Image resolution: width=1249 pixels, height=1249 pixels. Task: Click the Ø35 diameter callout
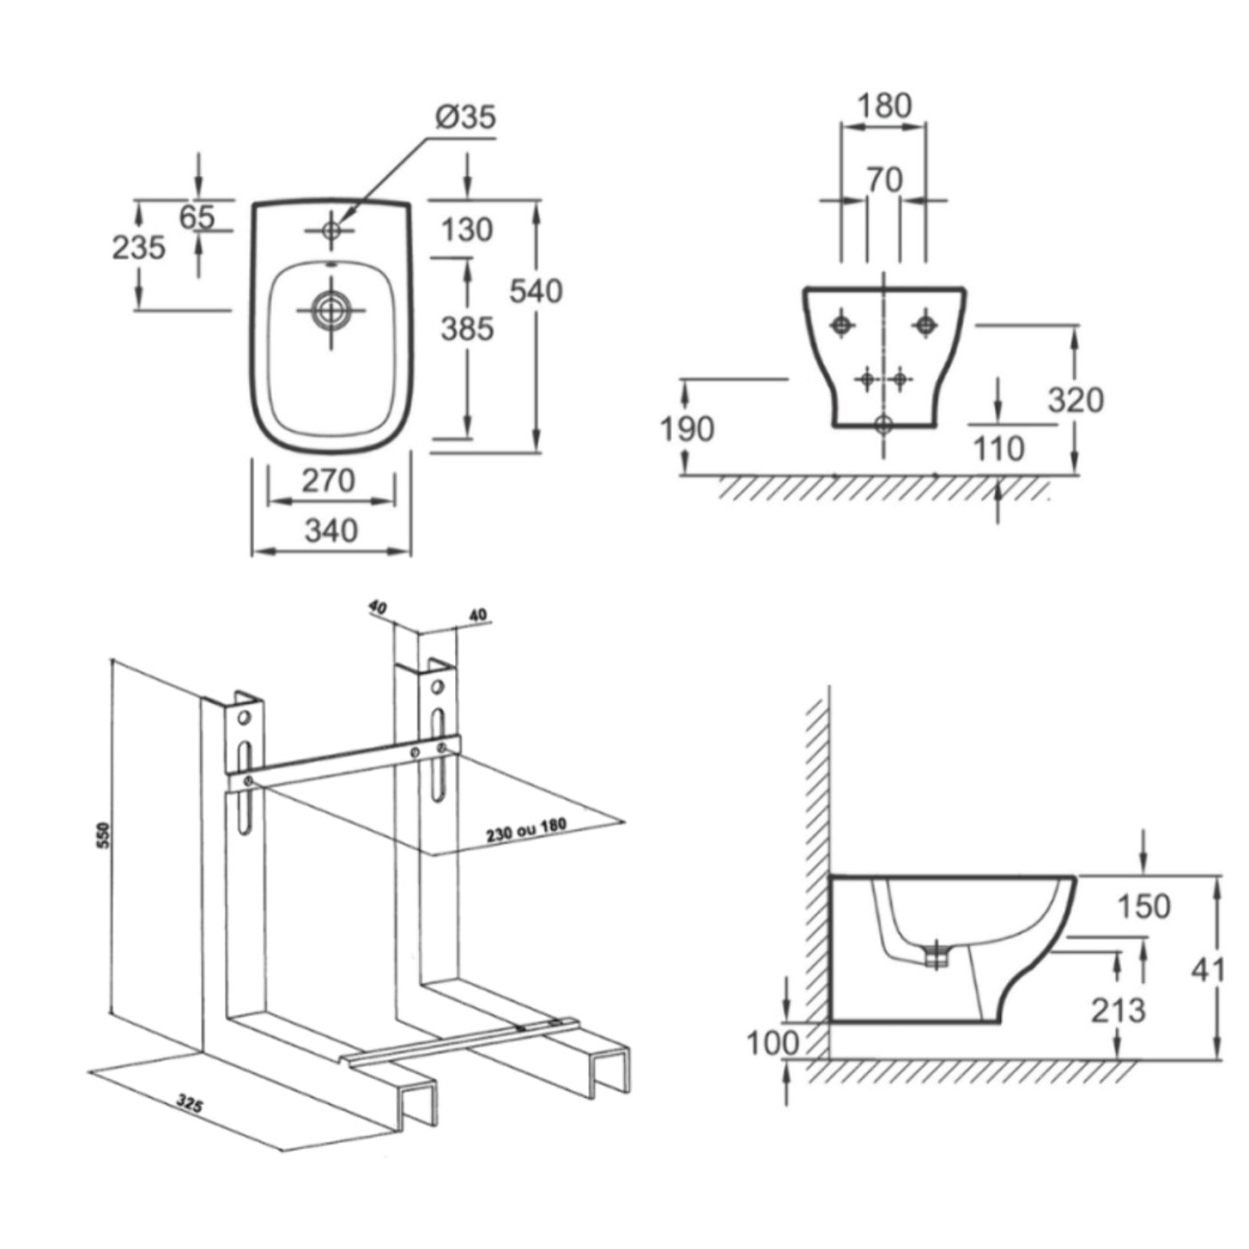[x=465, y=117]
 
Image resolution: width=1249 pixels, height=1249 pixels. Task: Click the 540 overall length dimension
[x=536, y=291]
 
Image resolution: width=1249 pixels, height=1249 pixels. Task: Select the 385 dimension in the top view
[x=467, y=329]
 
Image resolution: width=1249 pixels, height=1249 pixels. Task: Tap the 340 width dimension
[x=331, y=531]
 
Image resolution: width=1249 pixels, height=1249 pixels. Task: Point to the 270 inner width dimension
[x=328, y=481]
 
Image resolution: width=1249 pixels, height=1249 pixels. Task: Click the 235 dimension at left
[x=138, y=247]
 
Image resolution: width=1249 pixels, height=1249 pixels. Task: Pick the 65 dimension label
[x=196, y=216]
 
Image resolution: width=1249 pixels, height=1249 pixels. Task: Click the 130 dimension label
[x=467, y=230]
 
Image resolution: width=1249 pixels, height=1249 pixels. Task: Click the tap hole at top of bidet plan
[x=331, y=231]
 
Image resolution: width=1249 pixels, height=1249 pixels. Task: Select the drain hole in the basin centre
[x=331, y=311]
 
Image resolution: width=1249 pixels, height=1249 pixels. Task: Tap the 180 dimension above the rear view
[x=884, y=106]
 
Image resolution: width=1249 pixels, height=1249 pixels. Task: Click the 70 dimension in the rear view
[x=884, y=180]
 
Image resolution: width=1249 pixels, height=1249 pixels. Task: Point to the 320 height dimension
[x=1075, y=400]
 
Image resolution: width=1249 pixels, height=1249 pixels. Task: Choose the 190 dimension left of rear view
[x=686, y=429]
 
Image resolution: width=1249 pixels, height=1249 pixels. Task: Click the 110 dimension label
[x=998, y=449]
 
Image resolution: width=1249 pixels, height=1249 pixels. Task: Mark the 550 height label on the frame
[x=103, y=836]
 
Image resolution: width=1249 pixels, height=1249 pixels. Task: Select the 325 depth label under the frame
[x=189, y=1104]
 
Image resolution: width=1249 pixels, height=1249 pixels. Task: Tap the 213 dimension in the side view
[x=1118, y=1010]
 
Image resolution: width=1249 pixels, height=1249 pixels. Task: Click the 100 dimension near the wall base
[x=772, y=1043]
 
